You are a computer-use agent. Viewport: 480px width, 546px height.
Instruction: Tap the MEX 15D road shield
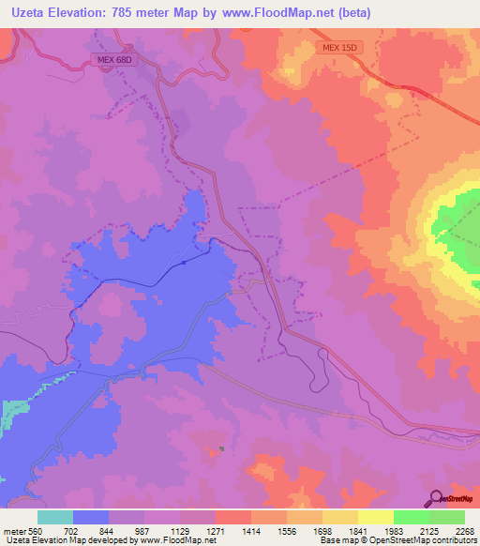[335, 46]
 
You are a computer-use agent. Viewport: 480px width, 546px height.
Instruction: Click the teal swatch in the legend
[55, 517]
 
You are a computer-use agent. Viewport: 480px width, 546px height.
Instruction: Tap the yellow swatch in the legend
[375, 517]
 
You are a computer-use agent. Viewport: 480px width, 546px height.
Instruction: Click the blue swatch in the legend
[91, 517]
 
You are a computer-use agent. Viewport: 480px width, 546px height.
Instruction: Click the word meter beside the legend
[13, 530]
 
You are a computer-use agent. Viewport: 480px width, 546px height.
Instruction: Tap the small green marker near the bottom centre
[221, 448]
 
